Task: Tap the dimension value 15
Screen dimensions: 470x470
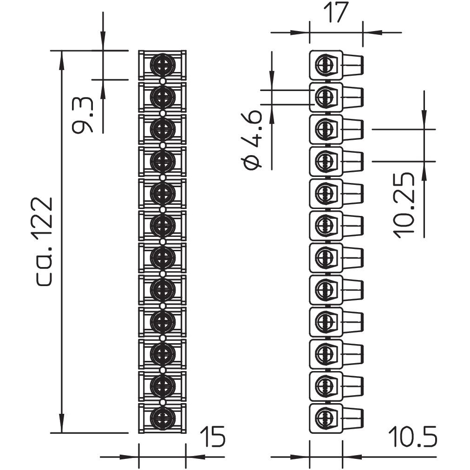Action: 213,437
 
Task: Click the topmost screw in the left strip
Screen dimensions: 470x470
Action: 163,65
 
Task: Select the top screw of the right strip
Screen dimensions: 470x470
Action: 325,65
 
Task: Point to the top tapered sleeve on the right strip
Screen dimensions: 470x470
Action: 353,65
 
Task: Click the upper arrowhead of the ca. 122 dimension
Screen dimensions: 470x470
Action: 61,57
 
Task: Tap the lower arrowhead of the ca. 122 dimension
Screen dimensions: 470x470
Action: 61,426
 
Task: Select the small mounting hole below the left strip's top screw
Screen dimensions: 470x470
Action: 163,81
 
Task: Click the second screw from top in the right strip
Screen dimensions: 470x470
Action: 325,97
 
